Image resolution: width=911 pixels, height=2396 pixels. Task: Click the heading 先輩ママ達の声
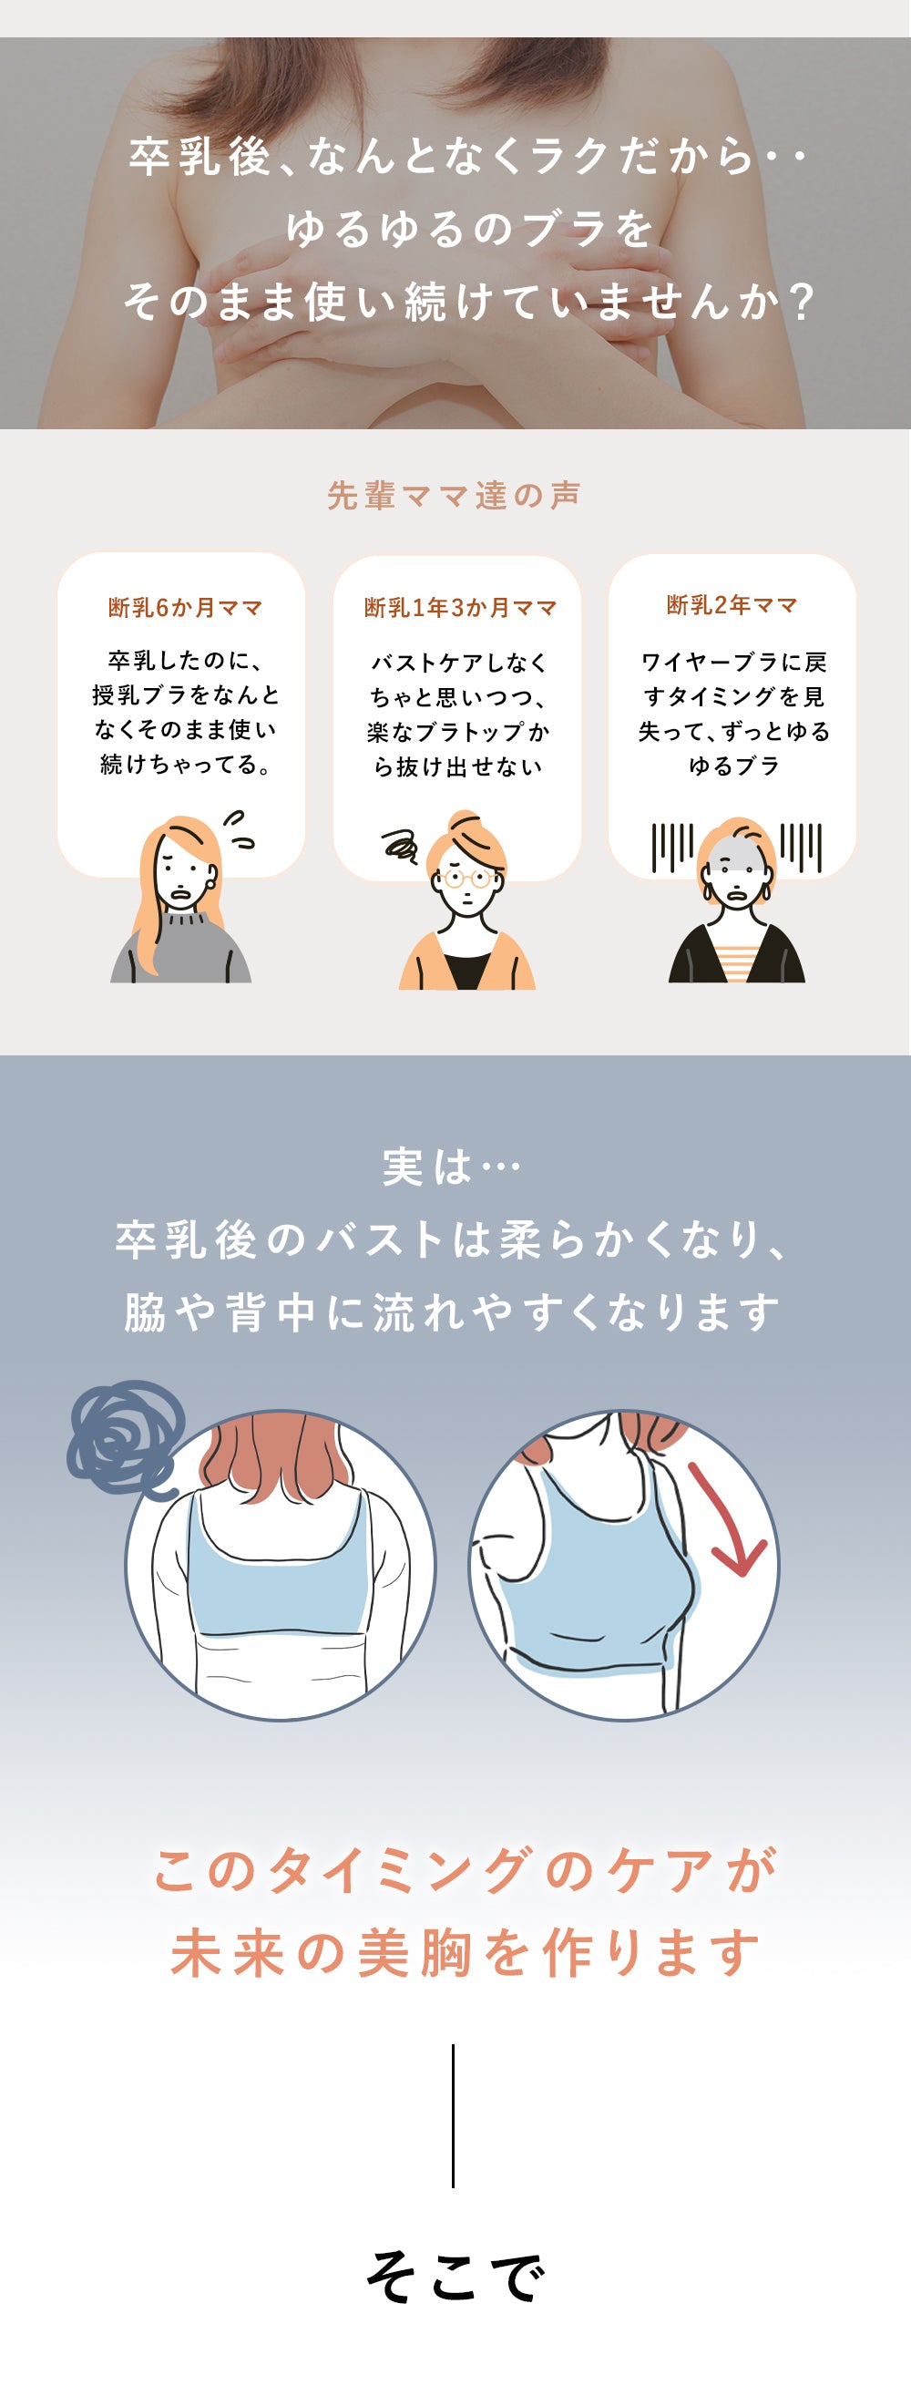point(454,495)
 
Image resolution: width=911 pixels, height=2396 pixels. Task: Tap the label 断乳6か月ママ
point(185,607)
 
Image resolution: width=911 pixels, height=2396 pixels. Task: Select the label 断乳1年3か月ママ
point(460,607)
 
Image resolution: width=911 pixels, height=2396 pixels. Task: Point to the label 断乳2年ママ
point(732,604)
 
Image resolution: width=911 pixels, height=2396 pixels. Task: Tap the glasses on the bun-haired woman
point(466,877)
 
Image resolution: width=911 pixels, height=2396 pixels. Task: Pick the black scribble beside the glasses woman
point(401,846)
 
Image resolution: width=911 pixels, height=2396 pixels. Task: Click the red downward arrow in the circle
point(728,1519)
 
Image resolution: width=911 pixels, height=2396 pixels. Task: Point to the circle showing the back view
point(280,1565)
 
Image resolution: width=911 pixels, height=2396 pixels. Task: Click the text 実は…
point(453,1167)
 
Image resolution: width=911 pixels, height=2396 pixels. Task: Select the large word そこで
point(455,2276)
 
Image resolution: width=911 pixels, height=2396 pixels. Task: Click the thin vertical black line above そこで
point(453,2115)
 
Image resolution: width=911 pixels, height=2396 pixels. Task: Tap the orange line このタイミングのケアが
point(465,1869)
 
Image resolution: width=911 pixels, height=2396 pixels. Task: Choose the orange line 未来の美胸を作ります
point(465,1951)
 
